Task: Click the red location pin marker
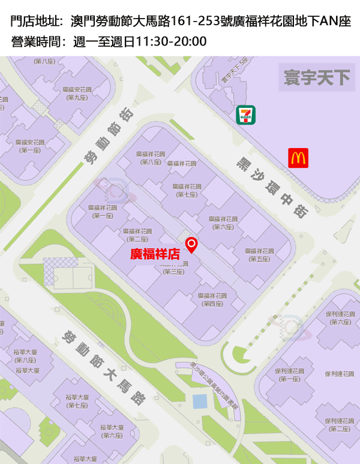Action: click(192, 245)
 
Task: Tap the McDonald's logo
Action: click(298, 158)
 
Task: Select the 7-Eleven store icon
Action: click(246, 115)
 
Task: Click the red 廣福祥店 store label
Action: click(155, 254)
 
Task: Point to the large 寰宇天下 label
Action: click(317, 78)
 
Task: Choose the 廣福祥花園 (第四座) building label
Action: click(213, 300)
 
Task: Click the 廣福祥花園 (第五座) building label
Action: click(260, 255)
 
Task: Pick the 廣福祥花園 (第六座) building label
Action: click(223, 222)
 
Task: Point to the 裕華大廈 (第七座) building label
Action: click(78, 401)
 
